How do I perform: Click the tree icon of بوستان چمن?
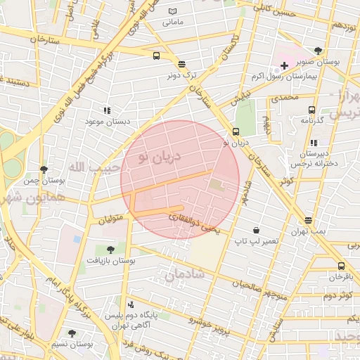(44, 169)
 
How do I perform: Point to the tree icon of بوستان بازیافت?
(110, 249)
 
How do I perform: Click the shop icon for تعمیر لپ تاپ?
(255, 230)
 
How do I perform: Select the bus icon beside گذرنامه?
(312, 110)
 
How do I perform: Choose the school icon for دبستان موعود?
(107, 110)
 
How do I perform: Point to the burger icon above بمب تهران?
(308, 220)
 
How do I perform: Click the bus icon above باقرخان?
(341, 266)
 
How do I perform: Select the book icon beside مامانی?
(173, 12)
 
